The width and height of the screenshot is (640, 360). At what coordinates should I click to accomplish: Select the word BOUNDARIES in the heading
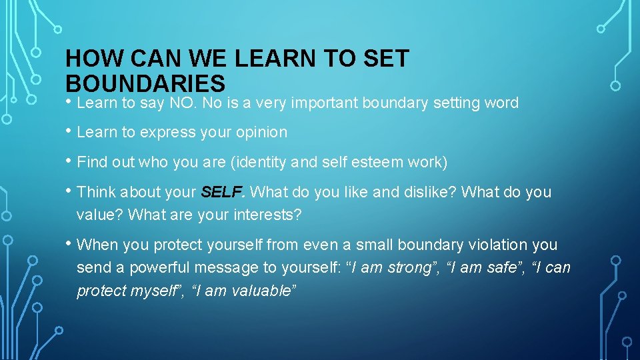pyautogui.click(x=145, y=83)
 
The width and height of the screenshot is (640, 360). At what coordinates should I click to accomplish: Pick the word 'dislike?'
pyautogui.click(x=431, y=193)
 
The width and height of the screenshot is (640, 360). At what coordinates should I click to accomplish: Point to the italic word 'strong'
pyautogui.click(x=407, y=268)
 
